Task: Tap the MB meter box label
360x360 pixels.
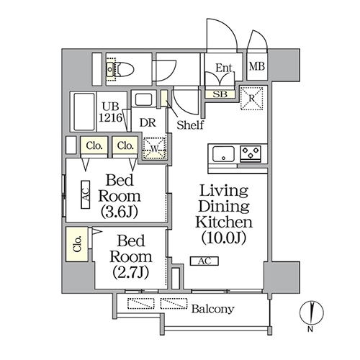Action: point(257,66)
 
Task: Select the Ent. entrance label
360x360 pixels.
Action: point(224,68)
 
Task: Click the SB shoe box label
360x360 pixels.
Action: point(220,94)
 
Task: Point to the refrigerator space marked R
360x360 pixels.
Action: point(252,98)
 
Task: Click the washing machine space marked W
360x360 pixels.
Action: point(155,148)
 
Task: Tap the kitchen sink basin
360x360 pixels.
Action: point(224,153)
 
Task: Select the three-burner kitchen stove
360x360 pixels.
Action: point(251,153)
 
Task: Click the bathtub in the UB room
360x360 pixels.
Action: point(84,112)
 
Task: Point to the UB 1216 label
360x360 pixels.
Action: point(111,112)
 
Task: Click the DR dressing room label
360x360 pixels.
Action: point(148,122)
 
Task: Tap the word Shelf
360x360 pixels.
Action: point(190,125)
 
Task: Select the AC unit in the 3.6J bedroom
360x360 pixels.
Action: point(86,194)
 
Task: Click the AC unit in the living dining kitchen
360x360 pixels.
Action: point(204,261)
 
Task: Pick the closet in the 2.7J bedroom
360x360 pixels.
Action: point(77,244)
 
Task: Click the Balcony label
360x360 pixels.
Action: point(212,309)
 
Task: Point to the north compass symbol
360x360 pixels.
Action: point(312,312)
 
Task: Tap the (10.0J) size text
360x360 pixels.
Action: point(224,238)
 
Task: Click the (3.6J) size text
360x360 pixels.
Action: point(120,212)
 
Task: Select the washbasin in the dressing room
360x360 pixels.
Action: point(143,99)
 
